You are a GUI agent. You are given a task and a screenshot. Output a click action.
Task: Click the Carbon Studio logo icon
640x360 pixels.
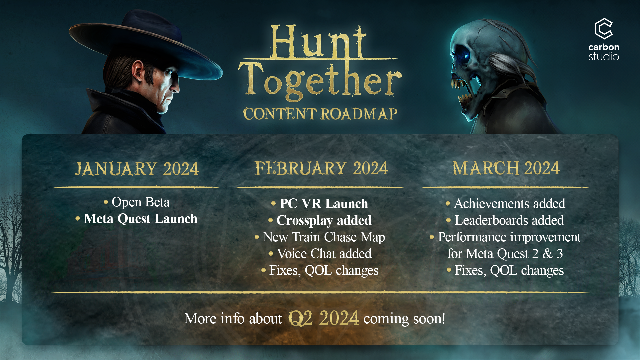click(604, 29)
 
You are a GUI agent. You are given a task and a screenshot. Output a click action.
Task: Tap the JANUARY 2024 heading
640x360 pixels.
click(137, 169)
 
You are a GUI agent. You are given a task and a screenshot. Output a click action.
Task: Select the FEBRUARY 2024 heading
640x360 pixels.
click(322, 168)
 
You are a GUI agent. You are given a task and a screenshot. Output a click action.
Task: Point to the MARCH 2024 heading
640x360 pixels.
click(506, 168)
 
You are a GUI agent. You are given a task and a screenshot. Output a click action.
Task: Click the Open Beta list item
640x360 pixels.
click(140, 202)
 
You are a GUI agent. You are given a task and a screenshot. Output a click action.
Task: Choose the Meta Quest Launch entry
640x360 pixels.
click(140, 219)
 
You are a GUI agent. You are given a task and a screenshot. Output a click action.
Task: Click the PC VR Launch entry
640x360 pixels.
click(324, 204)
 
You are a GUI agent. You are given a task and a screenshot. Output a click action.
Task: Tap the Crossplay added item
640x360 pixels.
click(324, 220)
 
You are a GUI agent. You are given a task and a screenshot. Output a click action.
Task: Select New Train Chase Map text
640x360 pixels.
click(324, 237)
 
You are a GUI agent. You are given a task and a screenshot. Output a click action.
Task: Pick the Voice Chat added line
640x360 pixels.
click(324, 254)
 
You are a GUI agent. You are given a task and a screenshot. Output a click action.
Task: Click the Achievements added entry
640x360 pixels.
click(509, 204)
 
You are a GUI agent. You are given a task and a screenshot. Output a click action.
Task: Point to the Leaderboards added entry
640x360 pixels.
click(509, 220)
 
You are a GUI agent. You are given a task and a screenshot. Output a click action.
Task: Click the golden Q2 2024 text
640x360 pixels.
click(324, 318)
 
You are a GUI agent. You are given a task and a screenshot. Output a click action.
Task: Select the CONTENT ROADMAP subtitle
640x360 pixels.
click(320, 114)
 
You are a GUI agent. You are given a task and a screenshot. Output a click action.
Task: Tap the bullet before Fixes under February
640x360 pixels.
click(263, 270)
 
